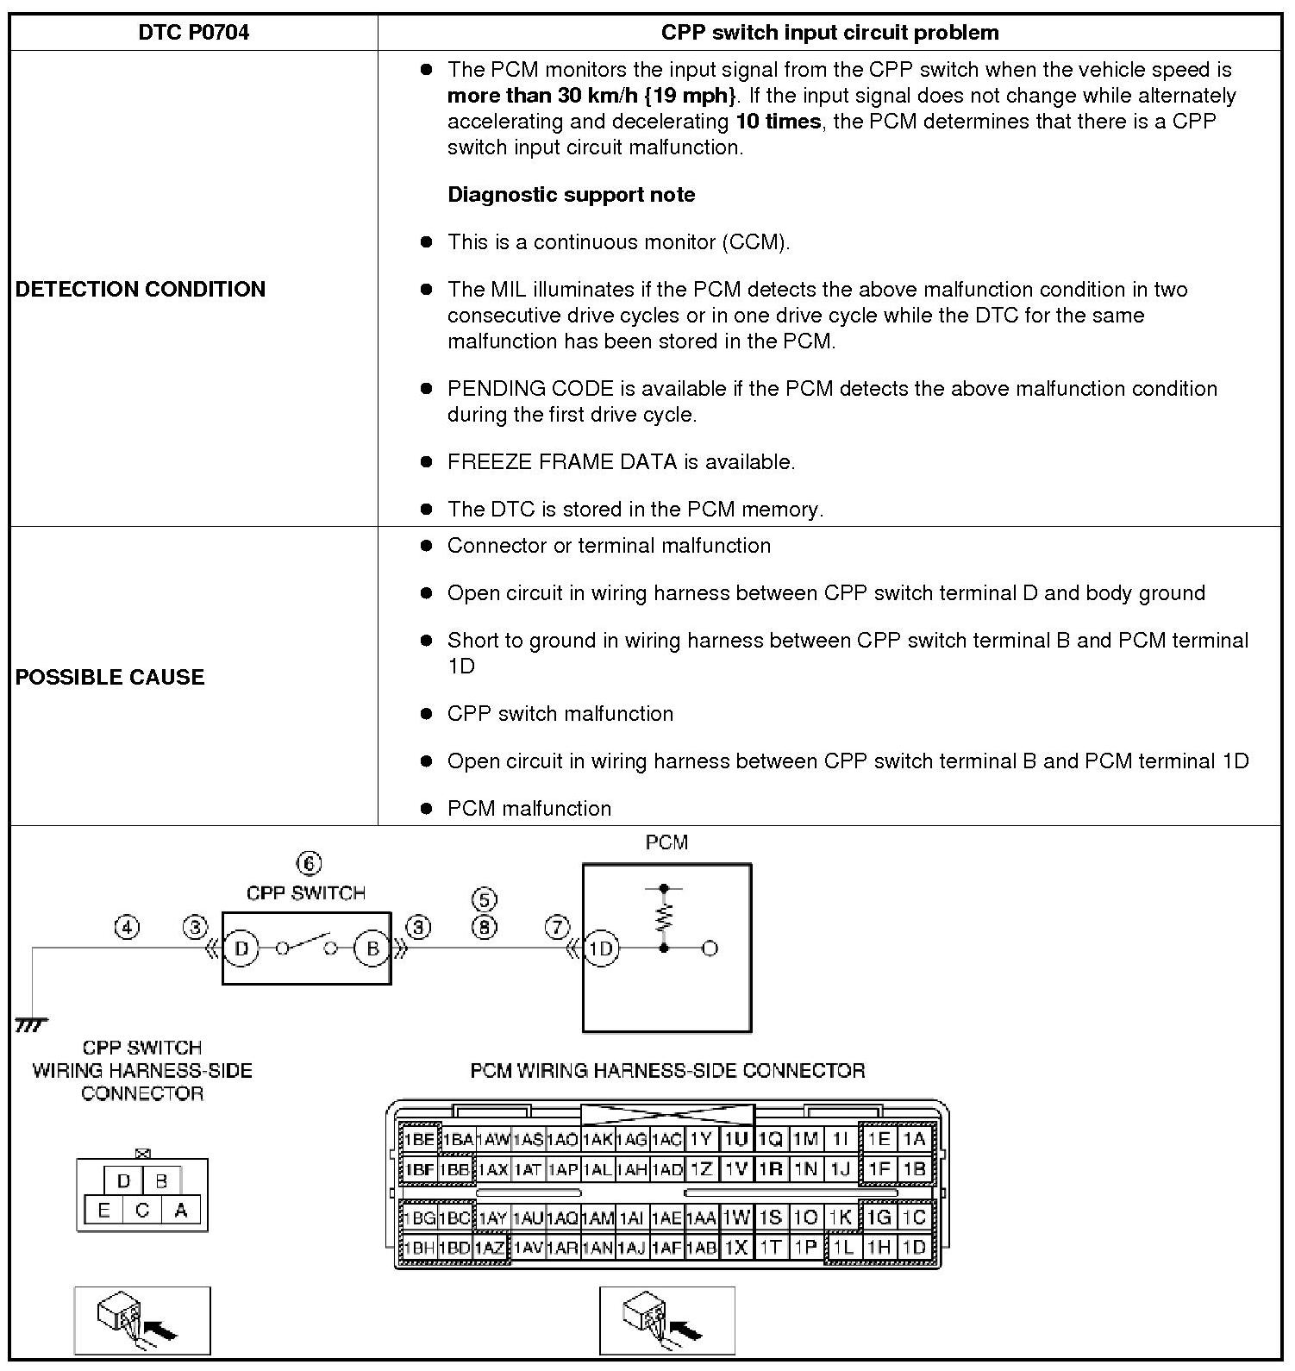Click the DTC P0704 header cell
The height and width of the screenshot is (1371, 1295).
tap(193, 33)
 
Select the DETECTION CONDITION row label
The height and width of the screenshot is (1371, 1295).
tap(141, 289)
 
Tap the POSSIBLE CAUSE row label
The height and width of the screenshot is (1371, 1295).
tap(110, 677)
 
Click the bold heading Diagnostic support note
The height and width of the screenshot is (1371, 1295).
tap(571, 195)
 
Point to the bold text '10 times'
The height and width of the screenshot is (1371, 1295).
tap(778, 122)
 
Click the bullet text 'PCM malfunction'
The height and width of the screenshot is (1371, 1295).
tap(529, 809)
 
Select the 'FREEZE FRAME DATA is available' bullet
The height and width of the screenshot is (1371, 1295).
tap(621, 462)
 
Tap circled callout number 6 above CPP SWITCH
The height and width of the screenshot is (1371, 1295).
tap(308, 863)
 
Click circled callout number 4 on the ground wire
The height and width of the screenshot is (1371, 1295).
tap(127, 928)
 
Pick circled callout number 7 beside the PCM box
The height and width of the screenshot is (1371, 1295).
tap(557, 928)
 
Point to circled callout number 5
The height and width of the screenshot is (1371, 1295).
tap(484, 900)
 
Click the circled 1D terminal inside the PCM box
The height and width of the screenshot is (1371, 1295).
tap(600, 948)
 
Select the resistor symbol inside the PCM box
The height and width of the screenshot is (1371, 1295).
tap(663, 917)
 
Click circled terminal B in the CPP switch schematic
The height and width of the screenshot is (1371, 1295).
tap(372, 948)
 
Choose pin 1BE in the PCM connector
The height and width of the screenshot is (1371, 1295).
tap(420, 1139)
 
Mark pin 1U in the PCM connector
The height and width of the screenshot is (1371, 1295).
tap(736, 1139)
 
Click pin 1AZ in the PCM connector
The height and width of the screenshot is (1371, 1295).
tap(491, 1248)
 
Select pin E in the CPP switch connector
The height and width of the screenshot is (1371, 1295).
tap(103, 1211)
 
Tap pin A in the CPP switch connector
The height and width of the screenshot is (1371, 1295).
tap(181, 1211)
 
